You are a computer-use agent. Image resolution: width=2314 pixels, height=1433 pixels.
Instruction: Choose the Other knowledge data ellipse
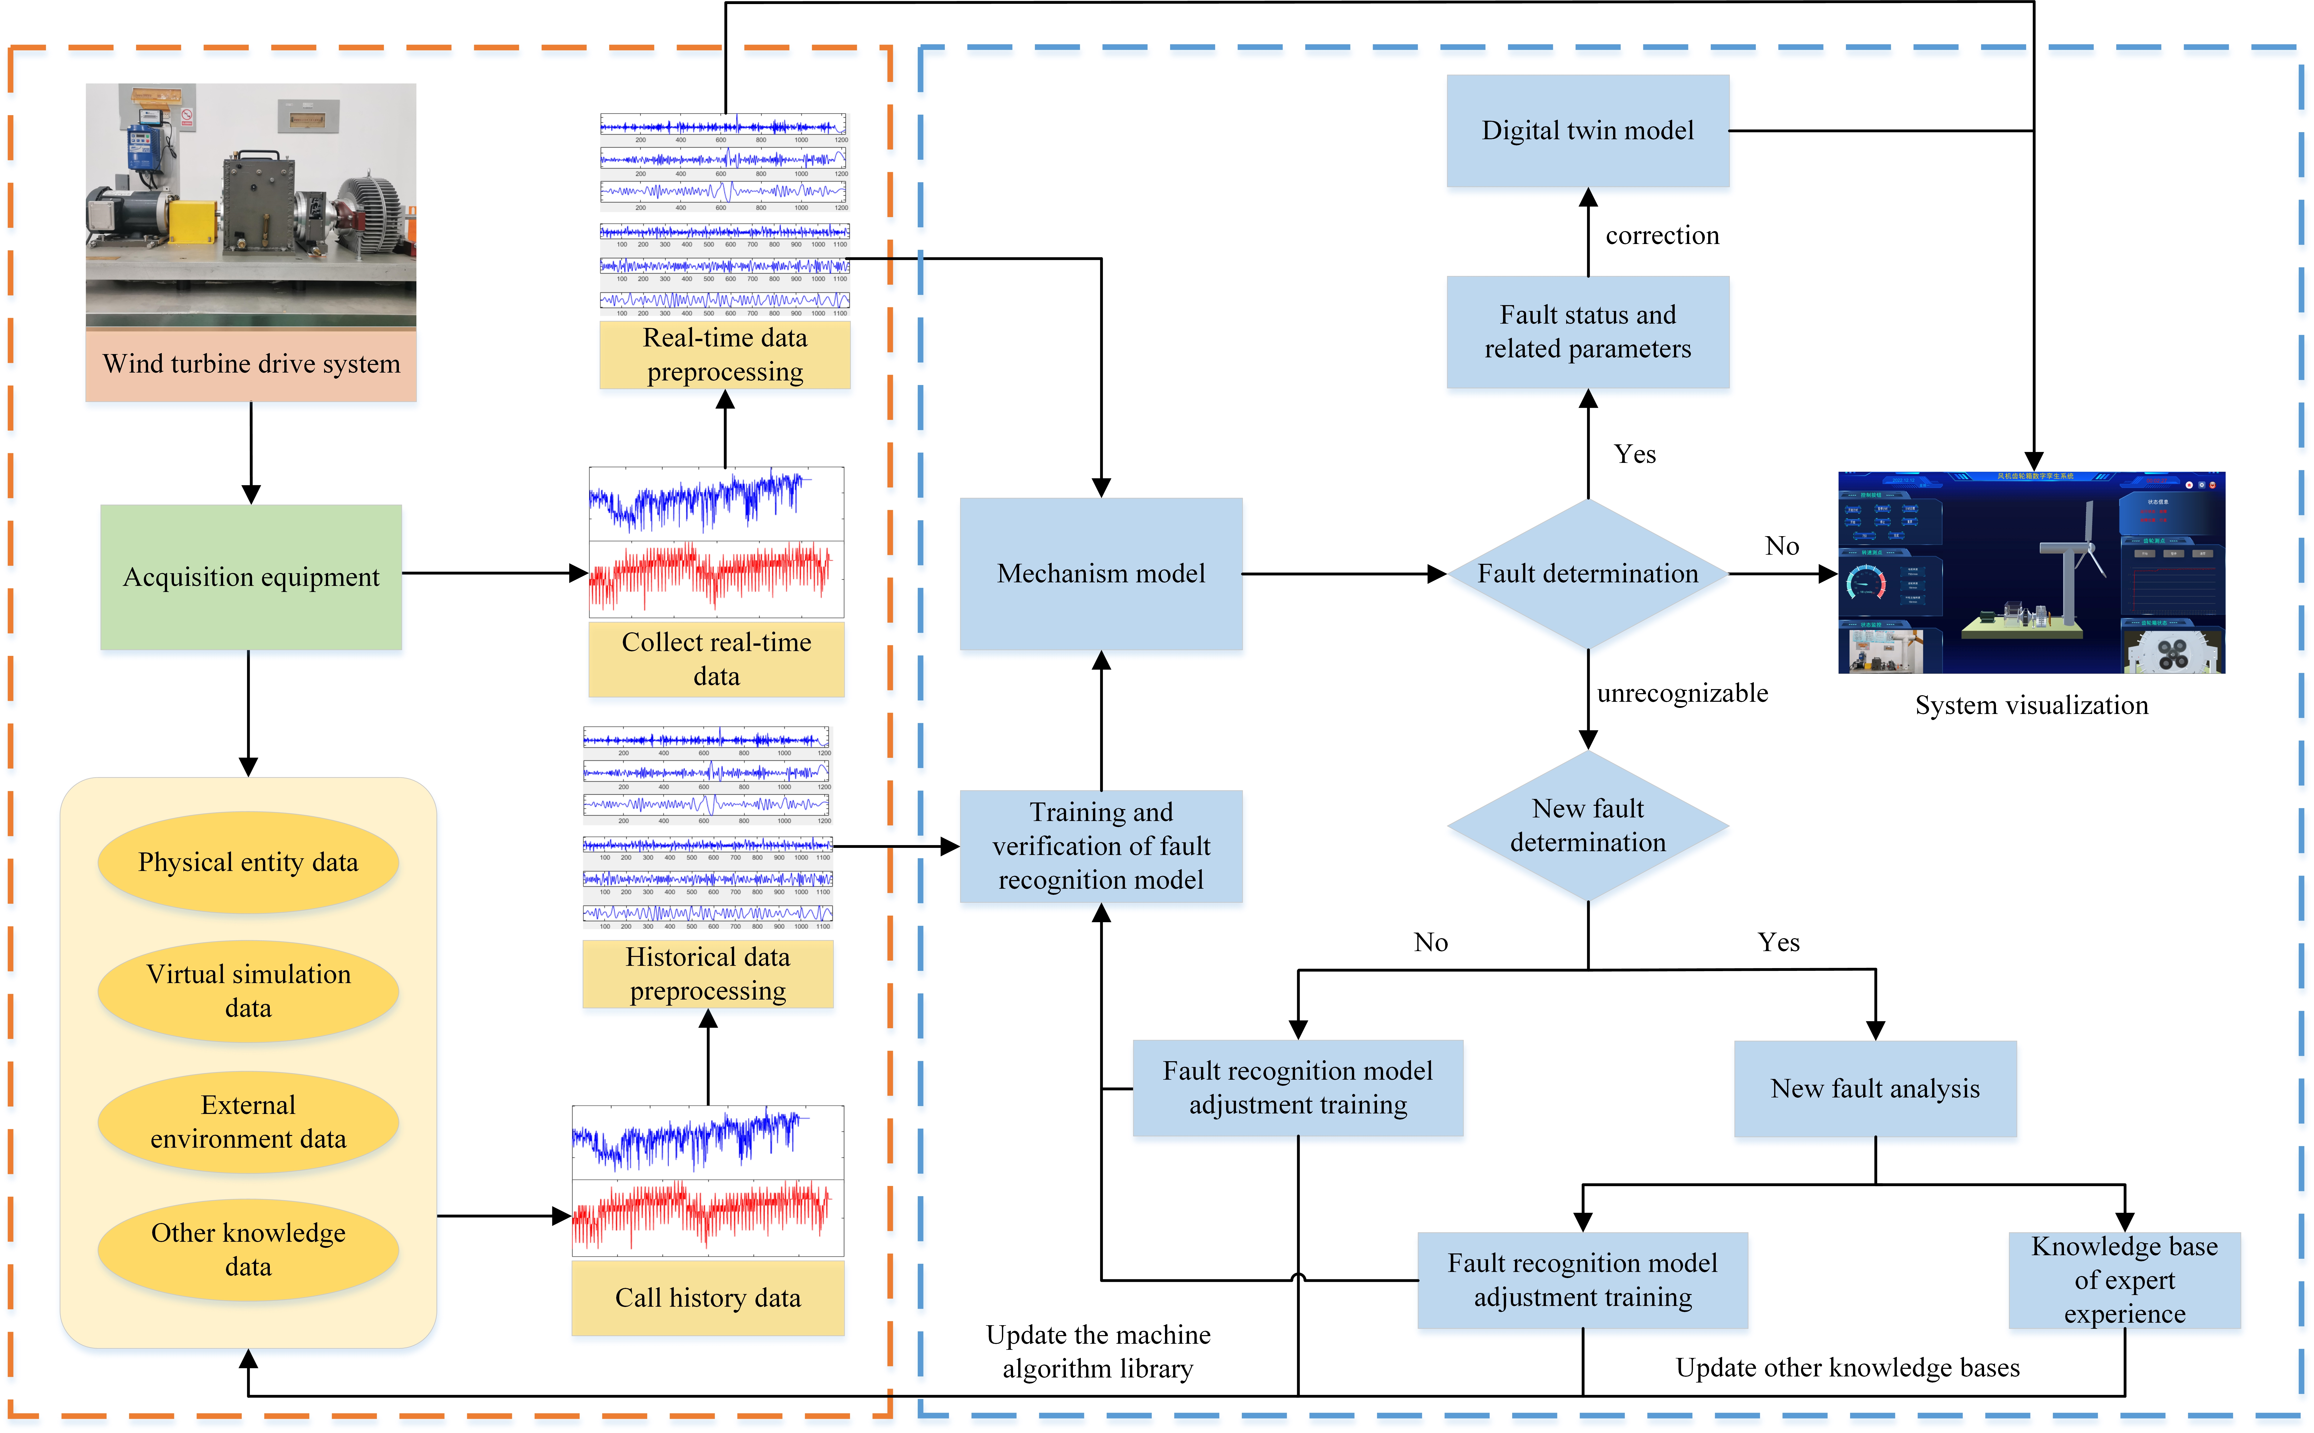[248, 1249]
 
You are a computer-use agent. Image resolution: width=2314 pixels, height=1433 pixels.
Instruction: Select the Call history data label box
[708, 1298]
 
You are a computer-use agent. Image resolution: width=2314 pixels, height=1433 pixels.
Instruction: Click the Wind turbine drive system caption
[251, 364]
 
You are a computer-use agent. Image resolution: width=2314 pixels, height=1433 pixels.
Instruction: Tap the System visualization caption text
[2031, 705]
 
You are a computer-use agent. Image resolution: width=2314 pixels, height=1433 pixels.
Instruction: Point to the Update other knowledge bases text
[1847, 1368]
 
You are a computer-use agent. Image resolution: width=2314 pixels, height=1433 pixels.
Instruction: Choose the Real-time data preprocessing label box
[725, 355]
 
